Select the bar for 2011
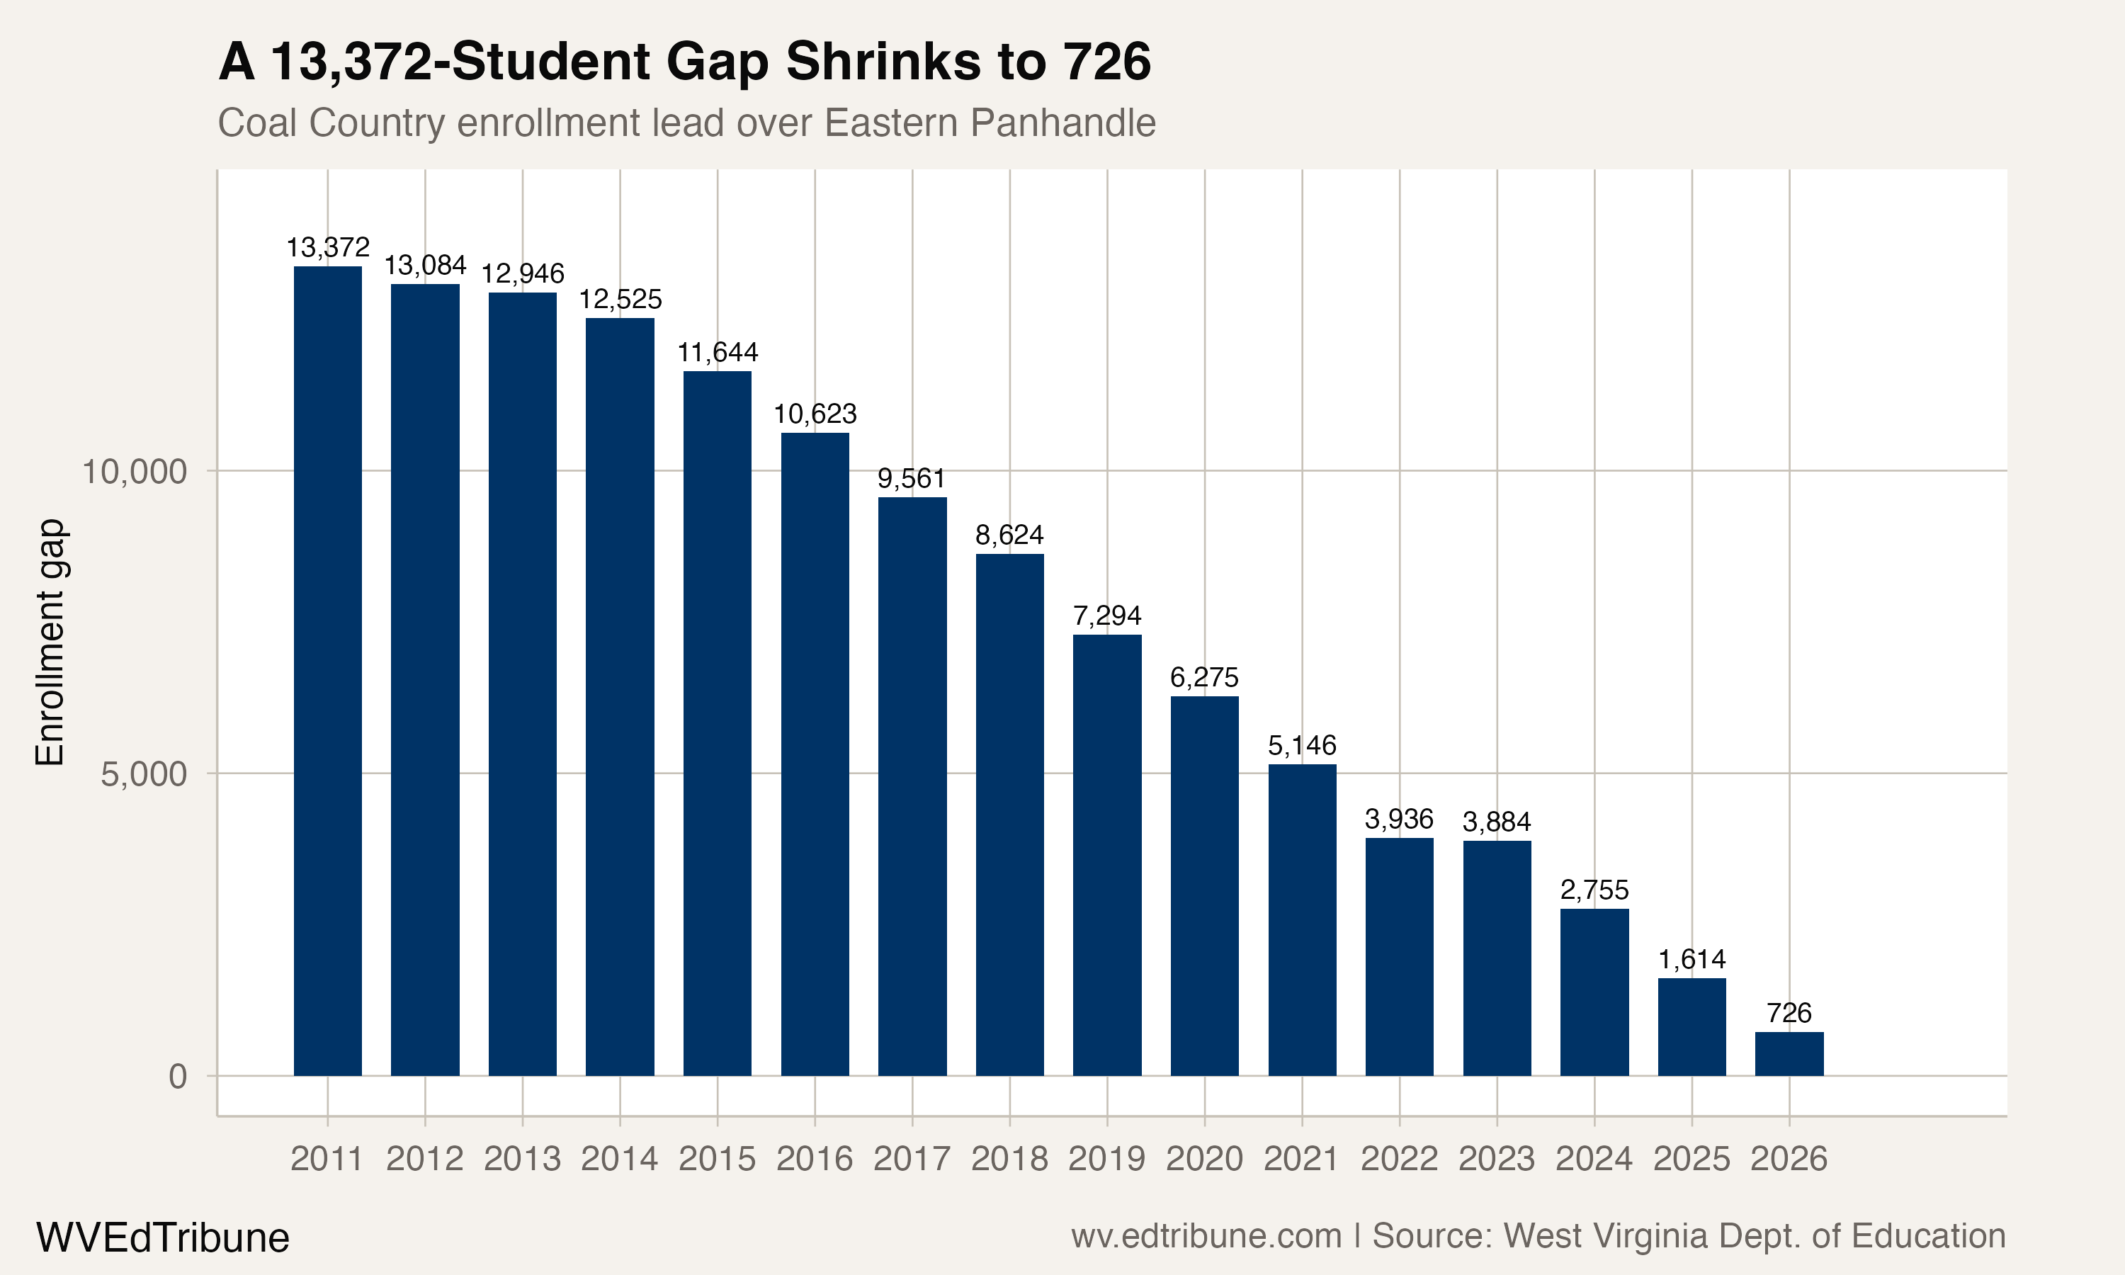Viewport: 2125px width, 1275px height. pos(327,670)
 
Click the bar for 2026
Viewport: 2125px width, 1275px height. pos(1789,1053)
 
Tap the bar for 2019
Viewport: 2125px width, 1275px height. pos(1107,855)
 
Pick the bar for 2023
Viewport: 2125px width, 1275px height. pos(1497,958)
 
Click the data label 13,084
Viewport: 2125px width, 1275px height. pos(425,265)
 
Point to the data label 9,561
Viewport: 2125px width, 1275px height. pos(912,479)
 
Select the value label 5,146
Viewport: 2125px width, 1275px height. pos(1302,745)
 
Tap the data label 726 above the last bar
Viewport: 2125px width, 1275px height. pos(1789,1013)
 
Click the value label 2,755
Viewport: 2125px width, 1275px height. pos(1594,890)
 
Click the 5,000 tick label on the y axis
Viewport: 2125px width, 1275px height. pos(144,774)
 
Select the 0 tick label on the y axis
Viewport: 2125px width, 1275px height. pos(178,1077)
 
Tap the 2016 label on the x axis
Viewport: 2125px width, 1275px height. pos(815,1159)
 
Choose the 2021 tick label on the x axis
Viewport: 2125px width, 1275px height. pos(1302,1159)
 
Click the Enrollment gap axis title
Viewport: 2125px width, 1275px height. pos(50,642)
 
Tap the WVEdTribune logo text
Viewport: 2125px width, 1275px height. pos(162,1237)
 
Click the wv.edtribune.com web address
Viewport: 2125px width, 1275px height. pos(1206,1236)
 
